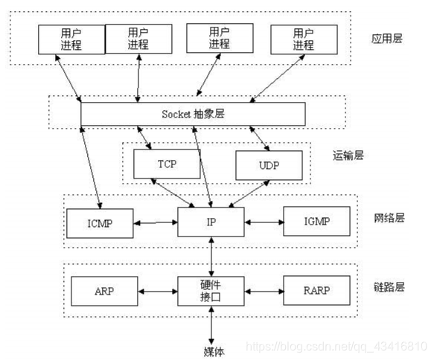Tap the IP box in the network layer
211,222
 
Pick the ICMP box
100,222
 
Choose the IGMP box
316,221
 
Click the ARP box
103,289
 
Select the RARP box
316,289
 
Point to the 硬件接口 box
211,290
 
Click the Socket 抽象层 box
194,114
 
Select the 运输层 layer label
348,155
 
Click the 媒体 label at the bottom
213,350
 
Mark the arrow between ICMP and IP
156,222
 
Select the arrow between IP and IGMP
264,222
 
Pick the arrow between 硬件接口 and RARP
264,290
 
